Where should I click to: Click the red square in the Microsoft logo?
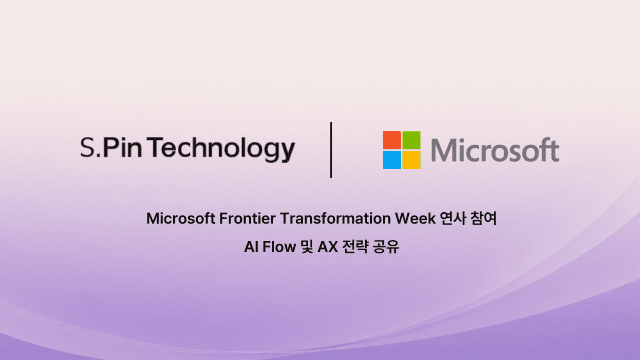[392, 140]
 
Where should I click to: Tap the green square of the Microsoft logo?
[411, 140]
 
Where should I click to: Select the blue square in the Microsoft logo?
[392, 160]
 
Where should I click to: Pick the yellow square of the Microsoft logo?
[411, 160]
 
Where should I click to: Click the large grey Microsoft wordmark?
[495, 150]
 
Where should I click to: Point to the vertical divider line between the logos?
[331, 150]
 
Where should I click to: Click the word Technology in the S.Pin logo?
[221, 149]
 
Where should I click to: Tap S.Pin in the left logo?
[111, 147]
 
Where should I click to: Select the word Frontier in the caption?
[246, 218]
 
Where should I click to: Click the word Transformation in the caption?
[335, 218]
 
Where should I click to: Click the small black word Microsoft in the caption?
[181, 218]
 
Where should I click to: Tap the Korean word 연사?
[453, 218]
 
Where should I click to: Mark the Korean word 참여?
[483, 218]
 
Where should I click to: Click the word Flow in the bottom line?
[279, 247]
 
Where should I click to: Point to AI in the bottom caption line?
[251, 247]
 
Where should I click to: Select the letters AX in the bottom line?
[328, 247]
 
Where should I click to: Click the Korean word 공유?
[386, 247]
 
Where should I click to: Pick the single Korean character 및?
[307, 247]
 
